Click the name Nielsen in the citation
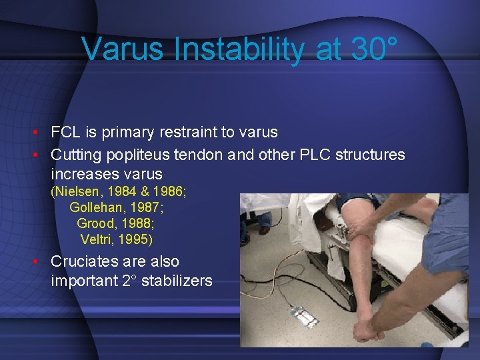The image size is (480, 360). point(87,193)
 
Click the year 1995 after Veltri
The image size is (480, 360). point(136,239)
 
